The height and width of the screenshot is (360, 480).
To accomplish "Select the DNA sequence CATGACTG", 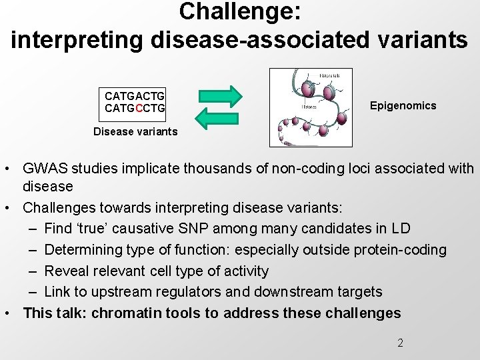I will [x=135, y=97].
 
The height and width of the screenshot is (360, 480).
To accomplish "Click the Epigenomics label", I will [x=403, y=105].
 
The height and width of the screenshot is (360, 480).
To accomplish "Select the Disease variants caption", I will [x=135, y=131].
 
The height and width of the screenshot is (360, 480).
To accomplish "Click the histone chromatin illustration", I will [x=310, y=107].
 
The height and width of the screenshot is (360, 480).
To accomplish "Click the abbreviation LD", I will [x=401, y=229].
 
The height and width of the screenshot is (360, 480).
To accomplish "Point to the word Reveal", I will [x=65, y=271].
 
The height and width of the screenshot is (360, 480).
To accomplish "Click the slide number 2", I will [x=400, y=343].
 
